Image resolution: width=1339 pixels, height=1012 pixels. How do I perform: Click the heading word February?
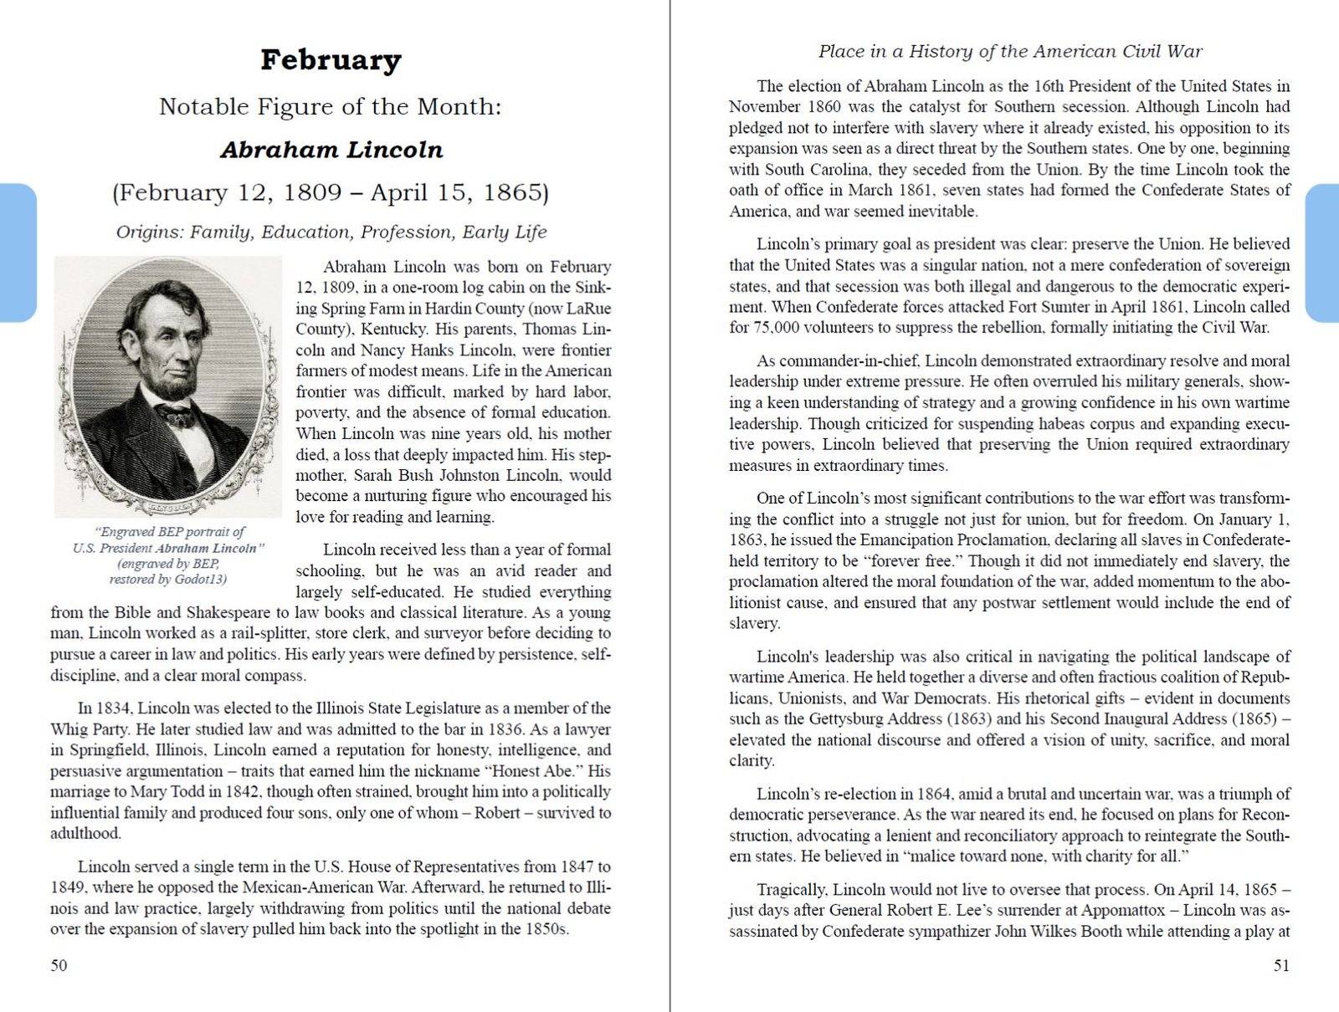[x=331, y=60]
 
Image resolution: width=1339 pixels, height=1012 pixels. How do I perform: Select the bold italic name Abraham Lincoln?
[x=331, y=150]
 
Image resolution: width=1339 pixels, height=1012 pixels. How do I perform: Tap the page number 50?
[x=59, y=965]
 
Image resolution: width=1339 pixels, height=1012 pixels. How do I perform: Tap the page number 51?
[x=1281, y=965]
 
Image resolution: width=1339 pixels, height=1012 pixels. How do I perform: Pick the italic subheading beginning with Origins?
[x=331, y=232]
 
